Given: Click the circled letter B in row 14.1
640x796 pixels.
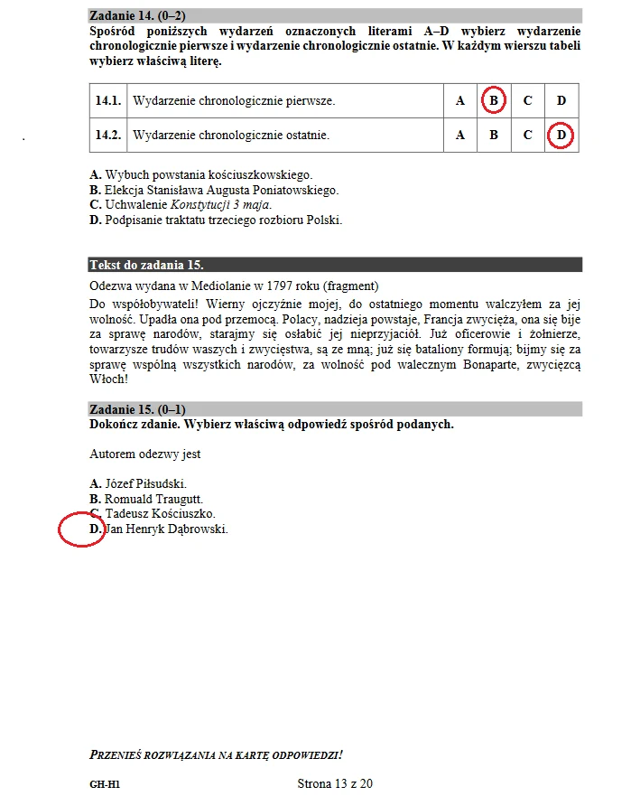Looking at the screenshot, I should (494, 100).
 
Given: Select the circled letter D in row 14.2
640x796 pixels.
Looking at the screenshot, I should (561, 136).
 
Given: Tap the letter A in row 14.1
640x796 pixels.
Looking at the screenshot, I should (460, 100).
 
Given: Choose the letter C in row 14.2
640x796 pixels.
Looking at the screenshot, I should (528, 136).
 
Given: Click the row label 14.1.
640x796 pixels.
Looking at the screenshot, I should (108, 100).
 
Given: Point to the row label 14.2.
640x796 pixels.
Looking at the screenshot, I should (108, 136).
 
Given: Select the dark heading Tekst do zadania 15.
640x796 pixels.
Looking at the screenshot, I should (146, 265).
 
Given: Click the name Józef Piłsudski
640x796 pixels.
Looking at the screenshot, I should (145, 483).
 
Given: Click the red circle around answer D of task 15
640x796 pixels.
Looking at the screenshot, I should (82, 529).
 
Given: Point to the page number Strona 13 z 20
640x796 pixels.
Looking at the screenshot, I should (335, 783).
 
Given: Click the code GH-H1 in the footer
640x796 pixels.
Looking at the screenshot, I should (105, 784).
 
